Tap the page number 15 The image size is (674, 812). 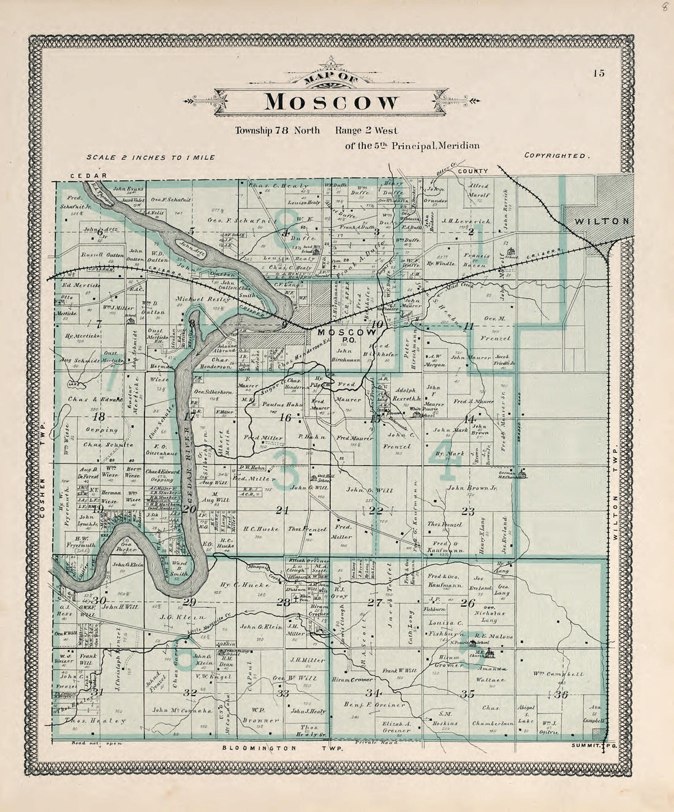click(x=598, y=74)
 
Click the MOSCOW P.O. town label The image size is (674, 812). click(x=340, y=335)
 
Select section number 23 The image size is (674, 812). click(x=468, y=510)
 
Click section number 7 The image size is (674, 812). click(x=97, y=322)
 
